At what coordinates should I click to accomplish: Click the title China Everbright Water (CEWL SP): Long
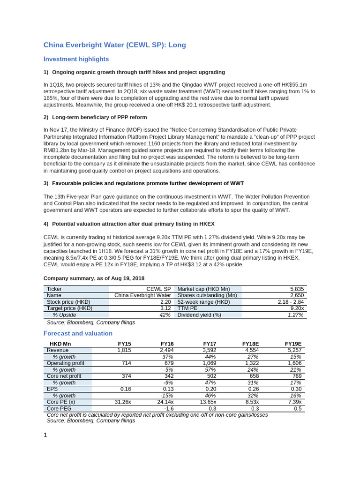click(x=114, y=45)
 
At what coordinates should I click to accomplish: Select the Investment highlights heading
click(x=76, y=59)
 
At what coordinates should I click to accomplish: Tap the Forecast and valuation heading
click(x=78, y=333)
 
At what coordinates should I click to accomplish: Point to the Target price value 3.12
click(x=165, y=308)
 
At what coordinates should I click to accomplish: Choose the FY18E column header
click(x=250, y=344)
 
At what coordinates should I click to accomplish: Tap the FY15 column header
click(x=124, y=344)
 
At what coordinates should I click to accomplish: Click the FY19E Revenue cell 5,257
click(x=294, y=350)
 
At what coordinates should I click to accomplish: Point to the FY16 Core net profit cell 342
click(x=167, y=376)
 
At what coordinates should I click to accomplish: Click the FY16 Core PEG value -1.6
click(x=169, y=408)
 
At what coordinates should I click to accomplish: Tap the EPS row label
click(x=52, y=389)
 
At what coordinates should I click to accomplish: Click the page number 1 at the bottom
click(x=45, y=435)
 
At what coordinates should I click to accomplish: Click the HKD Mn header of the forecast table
click(x=60, y=344)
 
